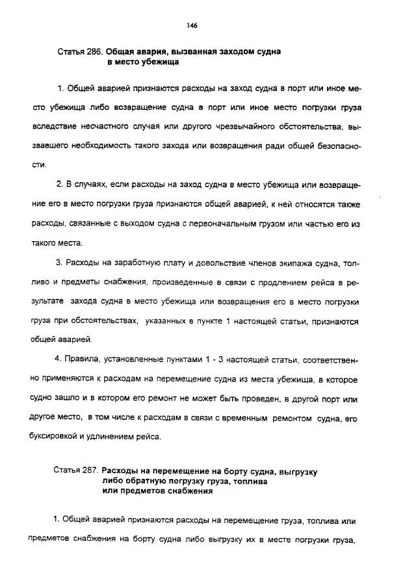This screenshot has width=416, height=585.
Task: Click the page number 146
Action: point(191,25)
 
